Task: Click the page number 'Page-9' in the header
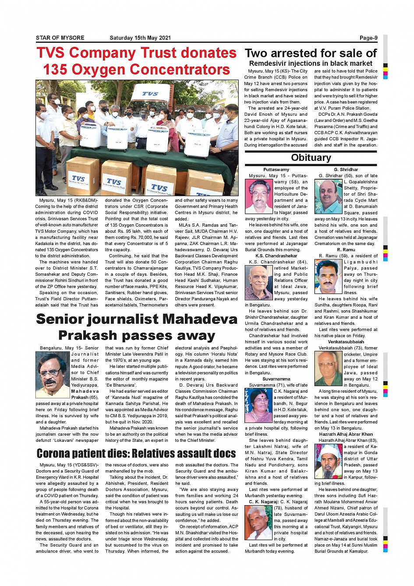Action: click(x=368, y=38)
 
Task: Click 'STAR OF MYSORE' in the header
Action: click(x=60, y=38)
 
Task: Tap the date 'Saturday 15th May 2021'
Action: click(x=140, y=38)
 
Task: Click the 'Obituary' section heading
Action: click(x=311, y=158)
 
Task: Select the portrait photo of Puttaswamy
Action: click(x=259, y=196)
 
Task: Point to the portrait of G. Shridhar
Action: click(x=329, y=196)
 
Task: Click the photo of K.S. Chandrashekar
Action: click(x=259, y=282)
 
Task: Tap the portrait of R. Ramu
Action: click(x=329, y=277)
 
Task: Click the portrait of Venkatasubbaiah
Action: click(x=329, y=368)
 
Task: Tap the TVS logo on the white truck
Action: click(x=150, y=93)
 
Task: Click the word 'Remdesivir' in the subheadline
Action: click(x=269, y=63)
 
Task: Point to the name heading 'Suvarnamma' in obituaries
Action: click(x=276, y=379)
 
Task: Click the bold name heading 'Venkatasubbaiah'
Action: click(x=346, y=342)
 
